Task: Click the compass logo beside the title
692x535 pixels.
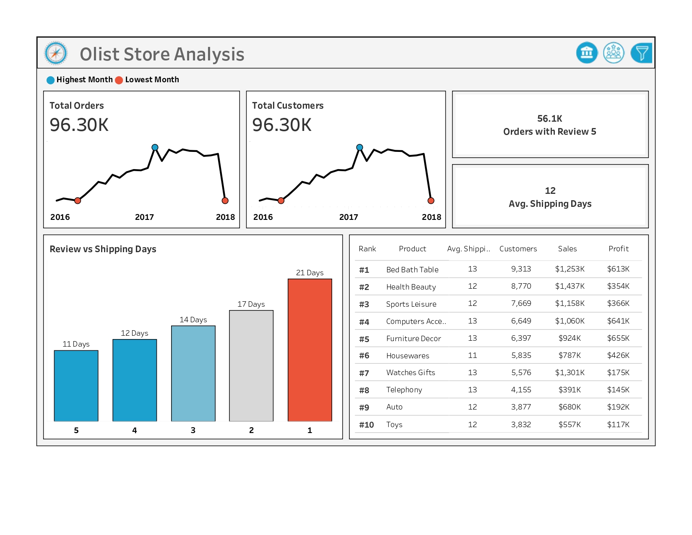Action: pyautogui.click(x=56, y=53)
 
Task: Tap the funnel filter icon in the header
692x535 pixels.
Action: pyautogui.click(x=641, y=53)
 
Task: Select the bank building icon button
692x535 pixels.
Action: pyautogui.click(x=587, y=53)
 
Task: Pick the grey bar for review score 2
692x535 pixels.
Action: pyautogui.click(x=251, y=365)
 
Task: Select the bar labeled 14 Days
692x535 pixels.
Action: pyautogui.click(x=193, y=373)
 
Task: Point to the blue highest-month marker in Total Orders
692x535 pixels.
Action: pyautogui.click(x=155, y=147)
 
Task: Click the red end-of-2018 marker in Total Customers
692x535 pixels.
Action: pyautogui.click(x=431, y=201)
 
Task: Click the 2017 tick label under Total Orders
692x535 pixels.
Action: pyautogui.click(x=144, y=217)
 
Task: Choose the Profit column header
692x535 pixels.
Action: pyautogui.click(x=618, y=249)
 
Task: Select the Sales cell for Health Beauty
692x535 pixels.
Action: pyautogui.click(x=570, y=286)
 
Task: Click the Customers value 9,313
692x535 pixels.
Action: pyautogui.click(x=521, y=269)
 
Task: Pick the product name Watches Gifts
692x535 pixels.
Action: pyautogui.click(x=410, y=373)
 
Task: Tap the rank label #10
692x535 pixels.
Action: pyautogui.click(x=366, y=425)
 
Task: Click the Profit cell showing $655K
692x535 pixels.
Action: pyautogui.click(x=618, y=338)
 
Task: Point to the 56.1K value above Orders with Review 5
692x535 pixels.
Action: pyautogui.click(x=549, y=119)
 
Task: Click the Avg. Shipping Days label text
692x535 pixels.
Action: pyautogui.click(x=550, y=204)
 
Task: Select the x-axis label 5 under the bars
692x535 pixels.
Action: pyautogui.click(x=76, y=430)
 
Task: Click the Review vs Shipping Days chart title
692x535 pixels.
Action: pyautogui.click(x=103, y=249)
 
